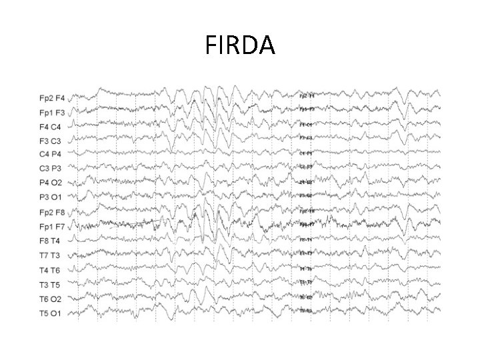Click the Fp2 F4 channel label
(52, 99)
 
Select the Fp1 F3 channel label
(52, 113)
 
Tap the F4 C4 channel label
(51, 127)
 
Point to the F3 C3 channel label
(51, 141)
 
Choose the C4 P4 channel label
(51, 154)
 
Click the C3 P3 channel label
(51, 168)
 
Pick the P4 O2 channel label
(51, 182)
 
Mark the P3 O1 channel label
(51, 197)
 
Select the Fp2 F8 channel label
(52, 213)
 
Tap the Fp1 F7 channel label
(52, 227)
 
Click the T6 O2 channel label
(51, 298)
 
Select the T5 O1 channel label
(51, 312)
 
